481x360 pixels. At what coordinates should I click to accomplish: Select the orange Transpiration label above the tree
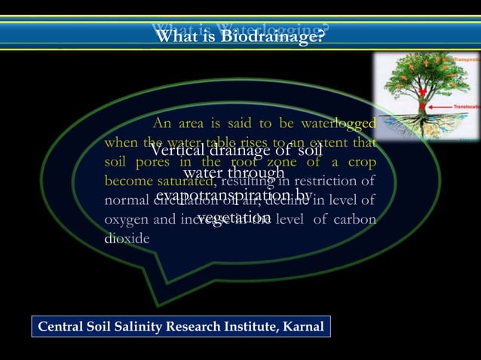462,57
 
